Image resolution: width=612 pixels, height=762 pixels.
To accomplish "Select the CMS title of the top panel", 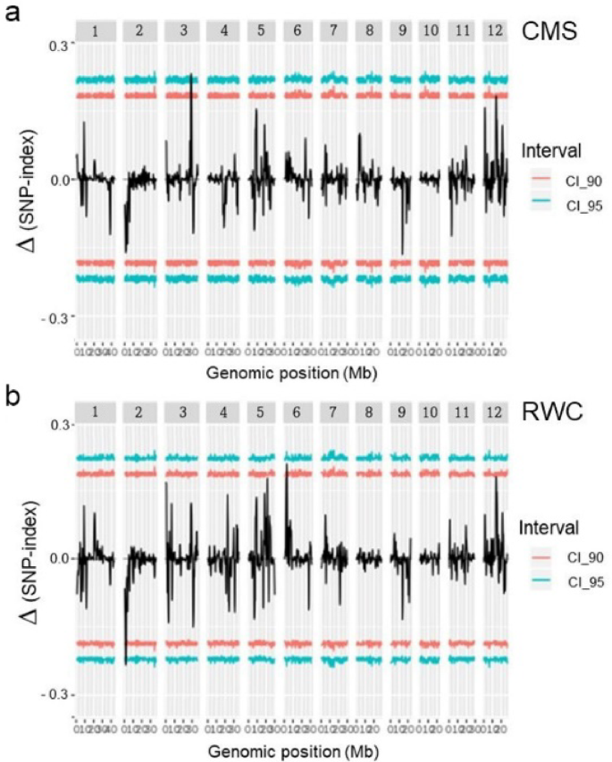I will [553, 32].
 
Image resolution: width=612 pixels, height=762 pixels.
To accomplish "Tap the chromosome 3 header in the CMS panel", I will [182, 32].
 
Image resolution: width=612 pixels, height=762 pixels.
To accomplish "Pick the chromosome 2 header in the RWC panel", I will [139, 411].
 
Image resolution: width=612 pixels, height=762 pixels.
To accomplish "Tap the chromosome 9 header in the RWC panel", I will [401, 411].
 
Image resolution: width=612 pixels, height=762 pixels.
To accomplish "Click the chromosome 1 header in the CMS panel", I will [95, 32].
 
